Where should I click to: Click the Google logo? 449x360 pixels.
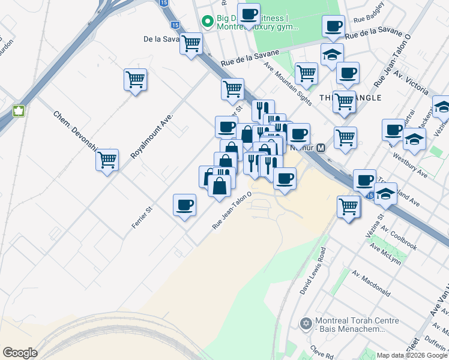(x=19, y=353)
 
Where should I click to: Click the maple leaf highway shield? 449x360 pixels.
(x=18, y=111)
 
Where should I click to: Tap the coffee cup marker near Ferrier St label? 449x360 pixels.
(x=184, y=205)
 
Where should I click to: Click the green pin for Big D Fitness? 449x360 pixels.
(x=208, y=22)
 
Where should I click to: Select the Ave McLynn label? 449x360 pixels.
(x=385, y=253)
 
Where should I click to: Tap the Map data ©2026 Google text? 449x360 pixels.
(x=412, y=355)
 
